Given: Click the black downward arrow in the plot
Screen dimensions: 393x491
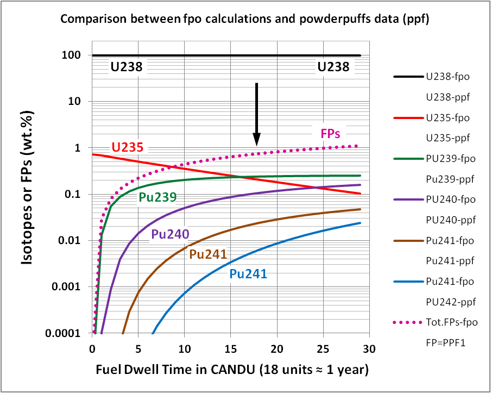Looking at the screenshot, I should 257,114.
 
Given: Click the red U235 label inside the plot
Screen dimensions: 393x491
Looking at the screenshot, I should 127,147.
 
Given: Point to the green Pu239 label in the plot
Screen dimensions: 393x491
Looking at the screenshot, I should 158,198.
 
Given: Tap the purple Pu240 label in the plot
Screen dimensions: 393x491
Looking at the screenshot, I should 170,234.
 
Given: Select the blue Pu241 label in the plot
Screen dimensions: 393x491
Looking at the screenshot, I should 248,274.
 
